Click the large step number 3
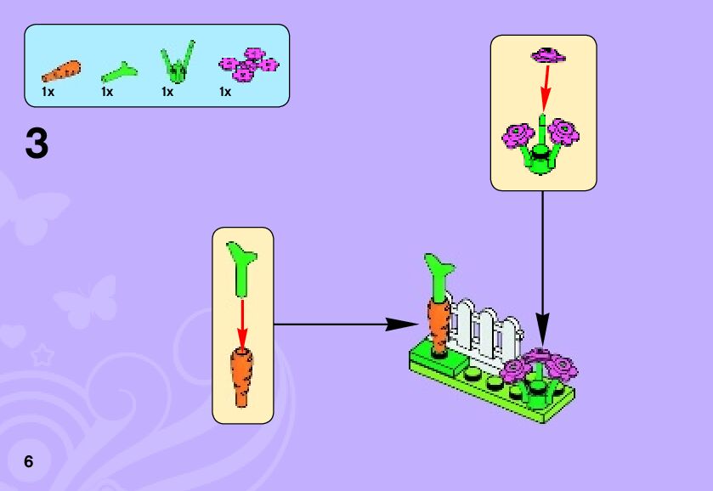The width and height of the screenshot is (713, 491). point(37,144)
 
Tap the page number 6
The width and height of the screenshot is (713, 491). point(29,461)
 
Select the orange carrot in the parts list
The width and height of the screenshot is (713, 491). point(61,71)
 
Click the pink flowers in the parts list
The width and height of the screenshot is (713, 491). point(249,65)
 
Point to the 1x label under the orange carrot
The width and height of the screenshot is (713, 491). point(48,91)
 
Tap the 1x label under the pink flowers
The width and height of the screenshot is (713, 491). point(225,91)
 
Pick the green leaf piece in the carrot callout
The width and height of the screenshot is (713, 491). point(241,264)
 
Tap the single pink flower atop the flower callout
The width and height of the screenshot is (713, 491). point(548,55)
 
